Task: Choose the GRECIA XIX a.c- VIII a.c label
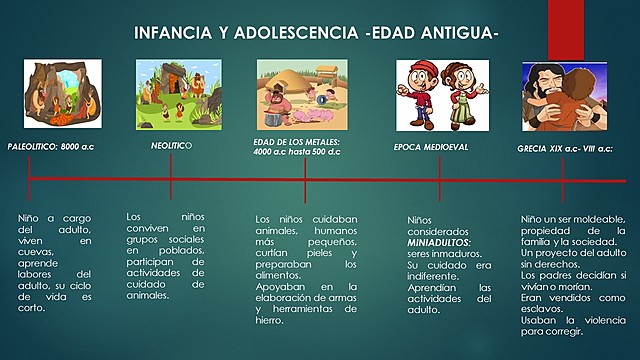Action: [565, 147]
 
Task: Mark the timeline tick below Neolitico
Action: [171, 180]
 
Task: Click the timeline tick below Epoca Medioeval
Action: [439, 180]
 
